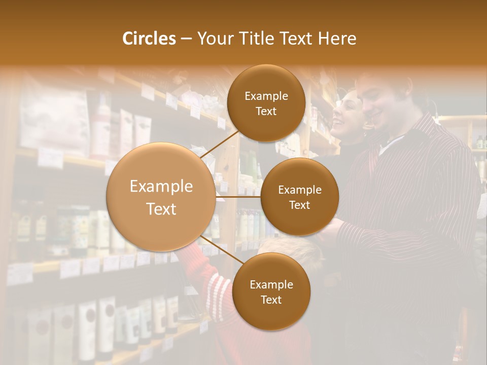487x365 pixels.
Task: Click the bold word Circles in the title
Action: click(x=149, y=39)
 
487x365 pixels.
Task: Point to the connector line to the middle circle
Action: click(x=239, y=197)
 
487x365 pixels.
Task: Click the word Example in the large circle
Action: click(x=161, y=187)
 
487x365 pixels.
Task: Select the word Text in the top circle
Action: click(x=266, y=112)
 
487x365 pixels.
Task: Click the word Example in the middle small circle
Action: click(x=299, y=190)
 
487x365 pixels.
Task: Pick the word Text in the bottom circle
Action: click(x=271, y=300)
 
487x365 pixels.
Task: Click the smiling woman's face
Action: click(x=347, y=114)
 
